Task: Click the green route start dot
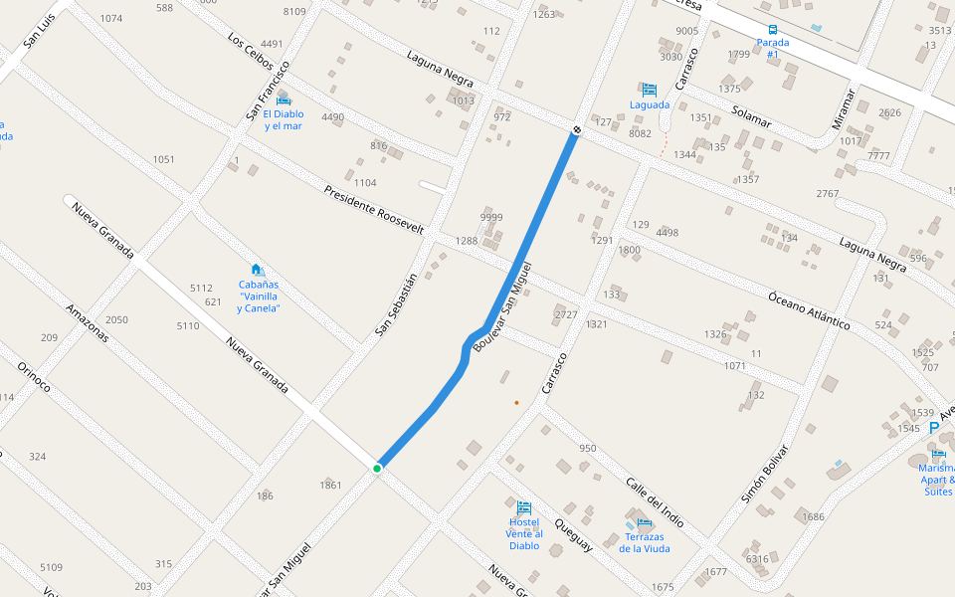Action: click(377, 468)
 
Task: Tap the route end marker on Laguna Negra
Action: click(577, 130)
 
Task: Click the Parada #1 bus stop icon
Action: click(773, 30)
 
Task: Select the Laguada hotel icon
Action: click(650, 90)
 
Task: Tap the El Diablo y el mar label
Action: click(284, 119)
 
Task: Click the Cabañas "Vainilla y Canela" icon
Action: click(257, 270)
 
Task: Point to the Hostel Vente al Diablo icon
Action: click(524, 508)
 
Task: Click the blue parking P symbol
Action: click(933, 428)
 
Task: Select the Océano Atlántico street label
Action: click(809, 309)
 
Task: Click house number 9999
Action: click(491, 217)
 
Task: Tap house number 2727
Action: click(566, 314)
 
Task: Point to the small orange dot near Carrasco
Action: click(516, 402)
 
